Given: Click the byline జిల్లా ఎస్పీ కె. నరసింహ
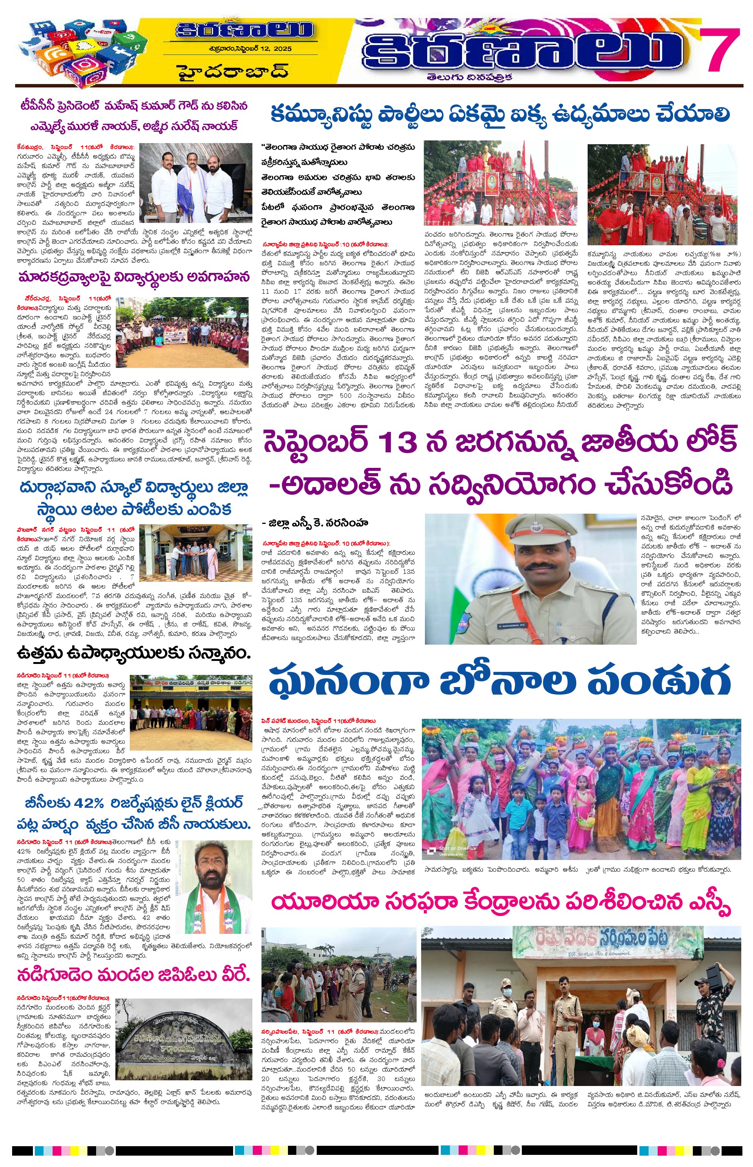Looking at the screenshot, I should (x=315, y=523).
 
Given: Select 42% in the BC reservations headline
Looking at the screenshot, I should (x=89, y=802).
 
